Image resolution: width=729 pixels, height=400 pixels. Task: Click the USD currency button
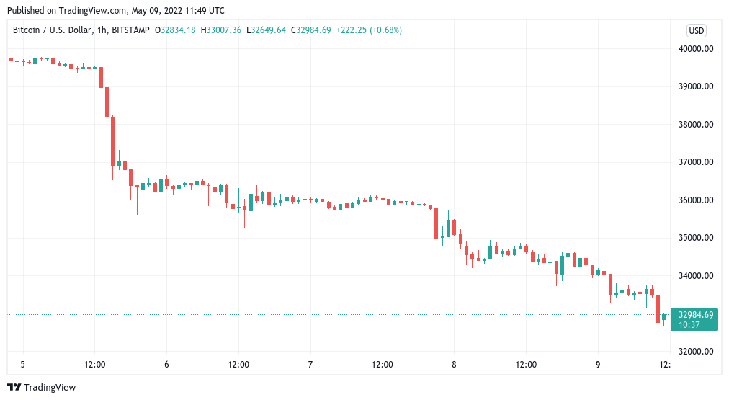click(x=697, y=30)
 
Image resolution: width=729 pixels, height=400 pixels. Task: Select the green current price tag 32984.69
click(x=694, y=314)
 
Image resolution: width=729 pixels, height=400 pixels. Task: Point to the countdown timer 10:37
click(x=689, y=325)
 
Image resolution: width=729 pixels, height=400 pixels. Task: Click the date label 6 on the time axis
click(x=166, y=365)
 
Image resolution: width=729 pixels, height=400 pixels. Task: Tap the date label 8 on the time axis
click(x=454, y=365)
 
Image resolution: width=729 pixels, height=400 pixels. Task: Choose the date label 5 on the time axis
click(x=22, y=365)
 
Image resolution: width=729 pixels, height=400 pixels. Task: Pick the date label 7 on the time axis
click(x=310, y=365)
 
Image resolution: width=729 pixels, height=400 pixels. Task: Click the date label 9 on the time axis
click(x=598, y=365)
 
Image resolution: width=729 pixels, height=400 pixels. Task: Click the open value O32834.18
click(x=179, y=30)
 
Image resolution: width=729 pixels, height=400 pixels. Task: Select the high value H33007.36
click(x=222, y=30)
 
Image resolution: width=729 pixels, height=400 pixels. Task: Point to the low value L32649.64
click(x=266, y=30)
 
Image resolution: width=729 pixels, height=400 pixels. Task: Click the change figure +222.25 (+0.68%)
click(x=368, y=30)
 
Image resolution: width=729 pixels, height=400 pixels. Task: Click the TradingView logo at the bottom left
click(x=41, y=388)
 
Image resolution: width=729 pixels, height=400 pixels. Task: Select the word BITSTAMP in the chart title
click(x=131, y=30)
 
